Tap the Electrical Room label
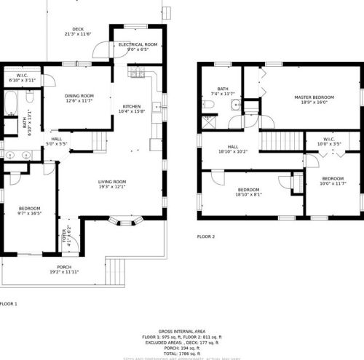138,44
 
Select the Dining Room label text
80,96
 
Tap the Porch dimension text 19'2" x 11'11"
64,271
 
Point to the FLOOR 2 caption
207,236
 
